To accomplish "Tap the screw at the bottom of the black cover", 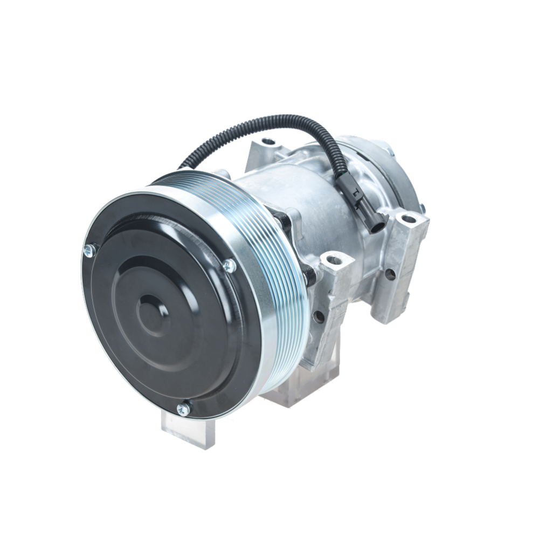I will coord(184,409).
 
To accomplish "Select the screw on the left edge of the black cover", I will coord(89,250).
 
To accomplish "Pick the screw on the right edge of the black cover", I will coord(230,265).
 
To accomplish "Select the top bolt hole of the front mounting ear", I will coord(334,262).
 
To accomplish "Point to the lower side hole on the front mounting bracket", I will coord(319,317).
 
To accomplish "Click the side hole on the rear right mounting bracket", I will coord(391,273).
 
